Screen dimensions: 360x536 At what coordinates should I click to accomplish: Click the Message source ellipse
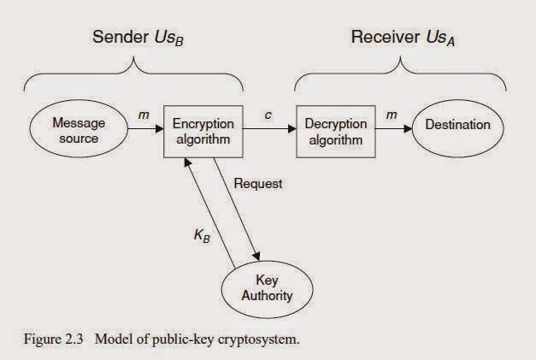pos(79,131)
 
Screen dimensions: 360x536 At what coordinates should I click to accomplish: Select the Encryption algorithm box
pos(203,131)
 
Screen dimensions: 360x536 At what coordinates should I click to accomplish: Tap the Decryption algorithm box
pos(335,131)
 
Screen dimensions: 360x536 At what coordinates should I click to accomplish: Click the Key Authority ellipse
pos(274,288)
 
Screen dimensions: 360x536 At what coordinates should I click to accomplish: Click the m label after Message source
pos(143,114)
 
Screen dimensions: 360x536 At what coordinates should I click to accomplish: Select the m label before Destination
pos(392,114)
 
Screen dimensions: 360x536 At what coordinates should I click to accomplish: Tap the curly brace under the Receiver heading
pos(402,75)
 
